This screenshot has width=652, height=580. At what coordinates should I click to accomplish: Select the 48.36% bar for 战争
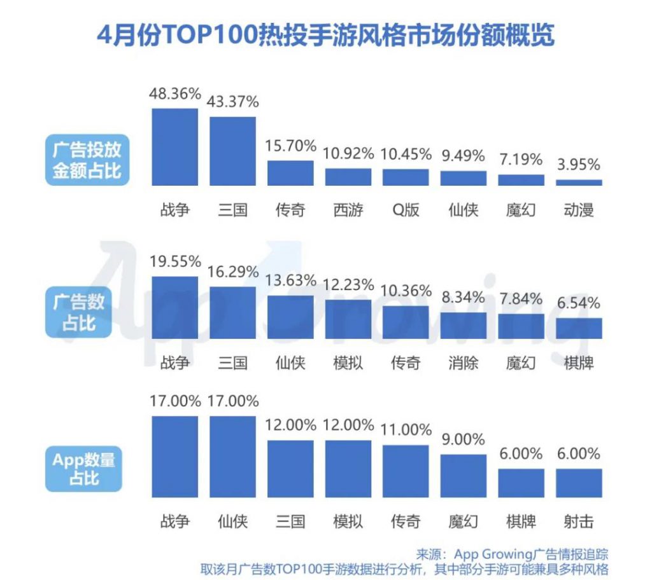tap(174, 147)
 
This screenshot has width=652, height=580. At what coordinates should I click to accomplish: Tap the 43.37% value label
tap(233, 101)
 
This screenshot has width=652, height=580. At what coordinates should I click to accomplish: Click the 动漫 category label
tap(579, 209)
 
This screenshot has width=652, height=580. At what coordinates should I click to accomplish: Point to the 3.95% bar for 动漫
tap(579, 183)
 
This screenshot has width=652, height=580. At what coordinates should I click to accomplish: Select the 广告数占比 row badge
tap(78, 312)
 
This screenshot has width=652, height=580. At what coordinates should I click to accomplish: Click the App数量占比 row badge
tap(83, 469)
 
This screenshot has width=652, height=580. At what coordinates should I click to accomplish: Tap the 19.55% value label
tap(174, 261)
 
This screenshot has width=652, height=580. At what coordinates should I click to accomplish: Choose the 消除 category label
tap(463, 362)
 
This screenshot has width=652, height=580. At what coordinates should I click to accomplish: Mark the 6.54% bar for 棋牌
tap(579, 328)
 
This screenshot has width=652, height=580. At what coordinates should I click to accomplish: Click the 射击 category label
tap(579, 521)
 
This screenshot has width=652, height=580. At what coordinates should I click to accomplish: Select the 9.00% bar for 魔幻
tap(463, 476)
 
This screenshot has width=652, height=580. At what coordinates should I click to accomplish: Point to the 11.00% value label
tap(406, 430)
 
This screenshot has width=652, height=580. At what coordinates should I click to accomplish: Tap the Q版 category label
tap(406, 209)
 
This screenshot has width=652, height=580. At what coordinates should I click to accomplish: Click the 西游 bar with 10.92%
tap(348, 177)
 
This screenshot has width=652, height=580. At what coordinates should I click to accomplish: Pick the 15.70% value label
tap(290, 146)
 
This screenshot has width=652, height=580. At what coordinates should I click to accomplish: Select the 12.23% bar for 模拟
tap(348, 319)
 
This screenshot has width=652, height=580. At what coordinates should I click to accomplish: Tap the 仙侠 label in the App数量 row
tap(233, 521)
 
